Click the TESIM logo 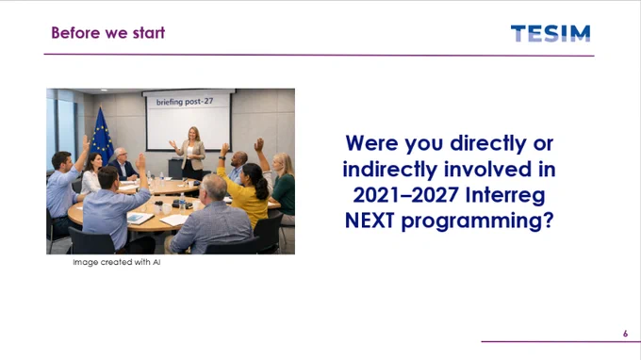tap(551, 34)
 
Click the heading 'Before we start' tap(107, 33)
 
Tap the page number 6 tap(625, 334)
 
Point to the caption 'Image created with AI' tap(117, 262)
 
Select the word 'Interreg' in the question tap(505, 194)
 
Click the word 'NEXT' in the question tap(370, 221)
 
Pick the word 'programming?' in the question tap(478, 221)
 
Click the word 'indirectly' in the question tap(390, 170)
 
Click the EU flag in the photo tap(102, 136)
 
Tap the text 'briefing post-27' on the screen tap(185, 102)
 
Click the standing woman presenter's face tap(193, 133)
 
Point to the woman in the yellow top tap(245, 193)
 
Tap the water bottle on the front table tap(182, 204)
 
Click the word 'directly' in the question tap(488, 144)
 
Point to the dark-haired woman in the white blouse tap(92, 173)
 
